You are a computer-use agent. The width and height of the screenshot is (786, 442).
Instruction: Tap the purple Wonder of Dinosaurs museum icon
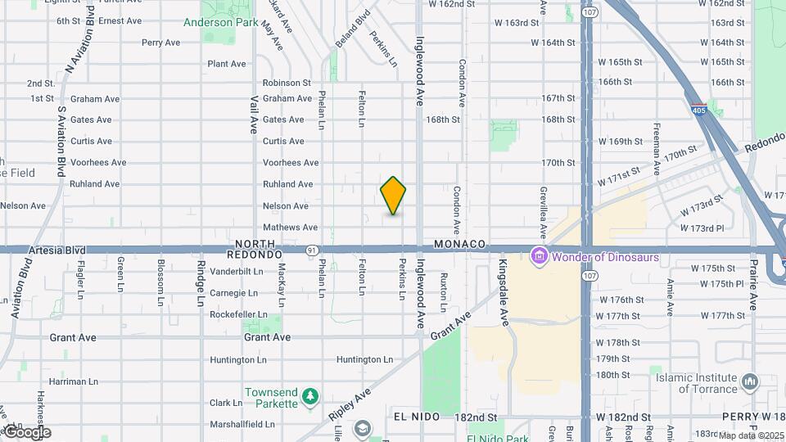pos(539,257)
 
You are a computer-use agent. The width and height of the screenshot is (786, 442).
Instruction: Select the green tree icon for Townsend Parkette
pos(309,397)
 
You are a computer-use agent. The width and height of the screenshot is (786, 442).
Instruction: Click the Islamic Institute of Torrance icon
pos(750,382)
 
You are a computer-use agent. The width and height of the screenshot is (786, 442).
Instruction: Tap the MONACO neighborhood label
pos(460,244)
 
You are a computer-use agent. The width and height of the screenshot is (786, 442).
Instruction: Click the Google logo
pos(26,431)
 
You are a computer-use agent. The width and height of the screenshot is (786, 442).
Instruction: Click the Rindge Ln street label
pos(201,283)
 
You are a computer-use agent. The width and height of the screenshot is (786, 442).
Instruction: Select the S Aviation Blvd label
pos(61,140)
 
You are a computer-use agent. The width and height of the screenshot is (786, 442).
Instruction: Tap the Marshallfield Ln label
pos(242,424)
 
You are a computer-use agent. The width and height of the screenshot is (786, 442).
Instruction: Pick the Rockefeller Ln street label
pos(238,314)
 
